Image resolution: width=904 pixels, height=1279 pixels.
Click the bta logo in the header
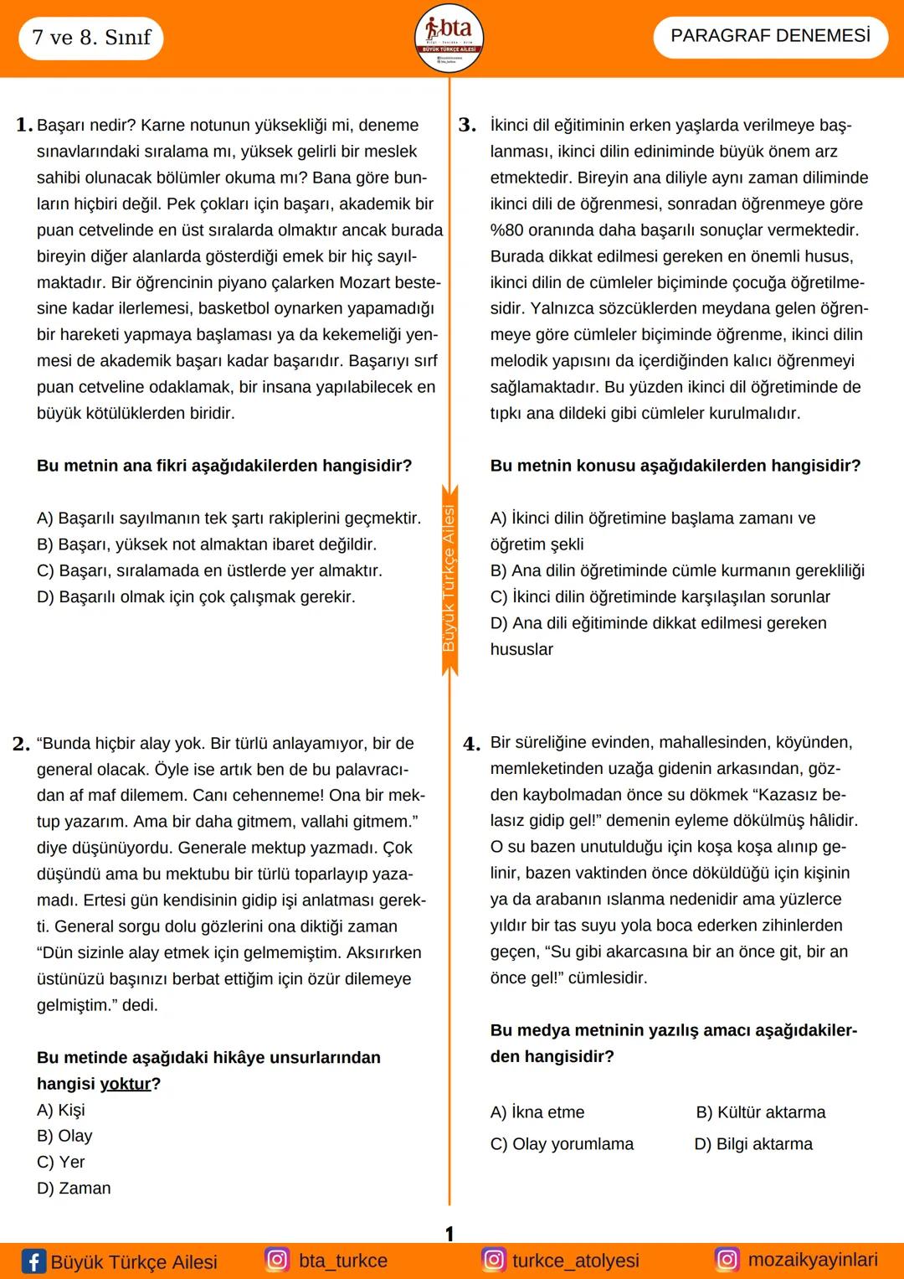pos(449,39)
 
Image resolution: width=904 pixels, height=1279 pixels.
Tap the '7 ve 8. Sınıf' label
pos(91,38)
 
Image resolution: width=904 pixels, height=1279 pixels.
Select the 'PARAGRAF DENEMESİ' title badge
pos(770,36)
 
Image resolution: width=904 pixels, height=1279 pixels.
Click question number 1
pos(24,126)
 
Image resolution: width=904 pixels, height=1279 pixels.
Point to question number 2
pos(22,744)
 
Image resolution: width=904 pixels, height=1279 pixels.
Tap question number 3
pos(467,126)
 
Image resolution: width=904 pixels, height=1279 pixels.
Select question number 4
pos(472,744)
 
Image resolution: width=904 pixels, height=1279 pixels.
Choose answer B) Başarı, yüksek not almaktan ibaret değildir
pos(207,544)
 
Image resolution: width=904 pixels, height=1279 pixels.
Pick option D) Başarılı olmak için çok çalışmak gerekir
pos(196,597)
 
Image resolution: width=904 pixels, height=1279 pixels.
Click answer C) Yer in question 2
pos(61,1162)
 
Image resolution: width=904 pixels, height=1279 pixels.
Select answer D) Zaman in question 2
pos(74,1188)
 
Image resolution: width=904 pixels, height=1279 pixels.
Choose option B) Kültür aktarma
pos(760,1112)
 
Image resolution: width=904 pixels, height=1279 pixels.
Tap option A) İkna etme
pos(537,1112)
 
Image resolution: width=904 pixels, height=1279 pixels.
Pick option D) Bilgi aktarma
pos(753,1144)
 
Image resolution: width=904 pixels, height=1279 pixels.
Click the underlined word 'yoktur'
pos(126,1084)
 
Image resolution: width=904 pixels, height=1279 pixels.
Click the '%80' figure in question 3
pos(508,230)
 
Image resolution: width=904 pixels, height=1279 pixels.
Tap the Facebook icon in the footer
pos(33,1261)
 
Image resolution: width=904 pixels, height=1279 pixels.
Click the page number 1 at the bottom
pos(449,1234)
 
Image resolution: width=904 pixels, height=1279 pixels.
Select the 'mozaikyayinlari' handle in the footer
pos(812,1260)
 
